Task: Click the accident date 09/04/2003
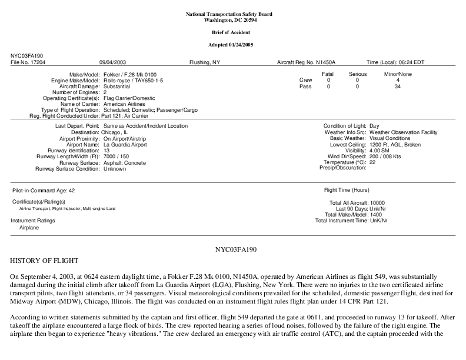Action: tap(112, 62)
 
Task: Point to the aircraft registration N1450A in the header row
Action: tap(325, 62)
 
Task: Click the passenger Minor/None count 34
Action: tap(398, 86)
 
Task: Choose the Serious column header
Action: tap(357, 74)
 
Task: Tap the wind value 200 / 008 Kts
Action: tap(385, 156)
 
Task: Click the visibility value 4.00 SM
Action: tap(380, 150)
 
